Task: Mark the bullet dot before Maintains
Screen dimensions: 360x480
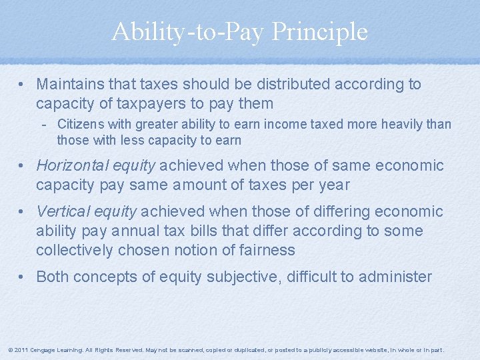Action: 23,85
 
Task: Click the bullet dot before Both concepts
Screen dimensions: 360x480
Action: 23,276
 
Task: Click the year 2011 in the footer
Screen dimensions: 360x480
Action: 20,350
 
